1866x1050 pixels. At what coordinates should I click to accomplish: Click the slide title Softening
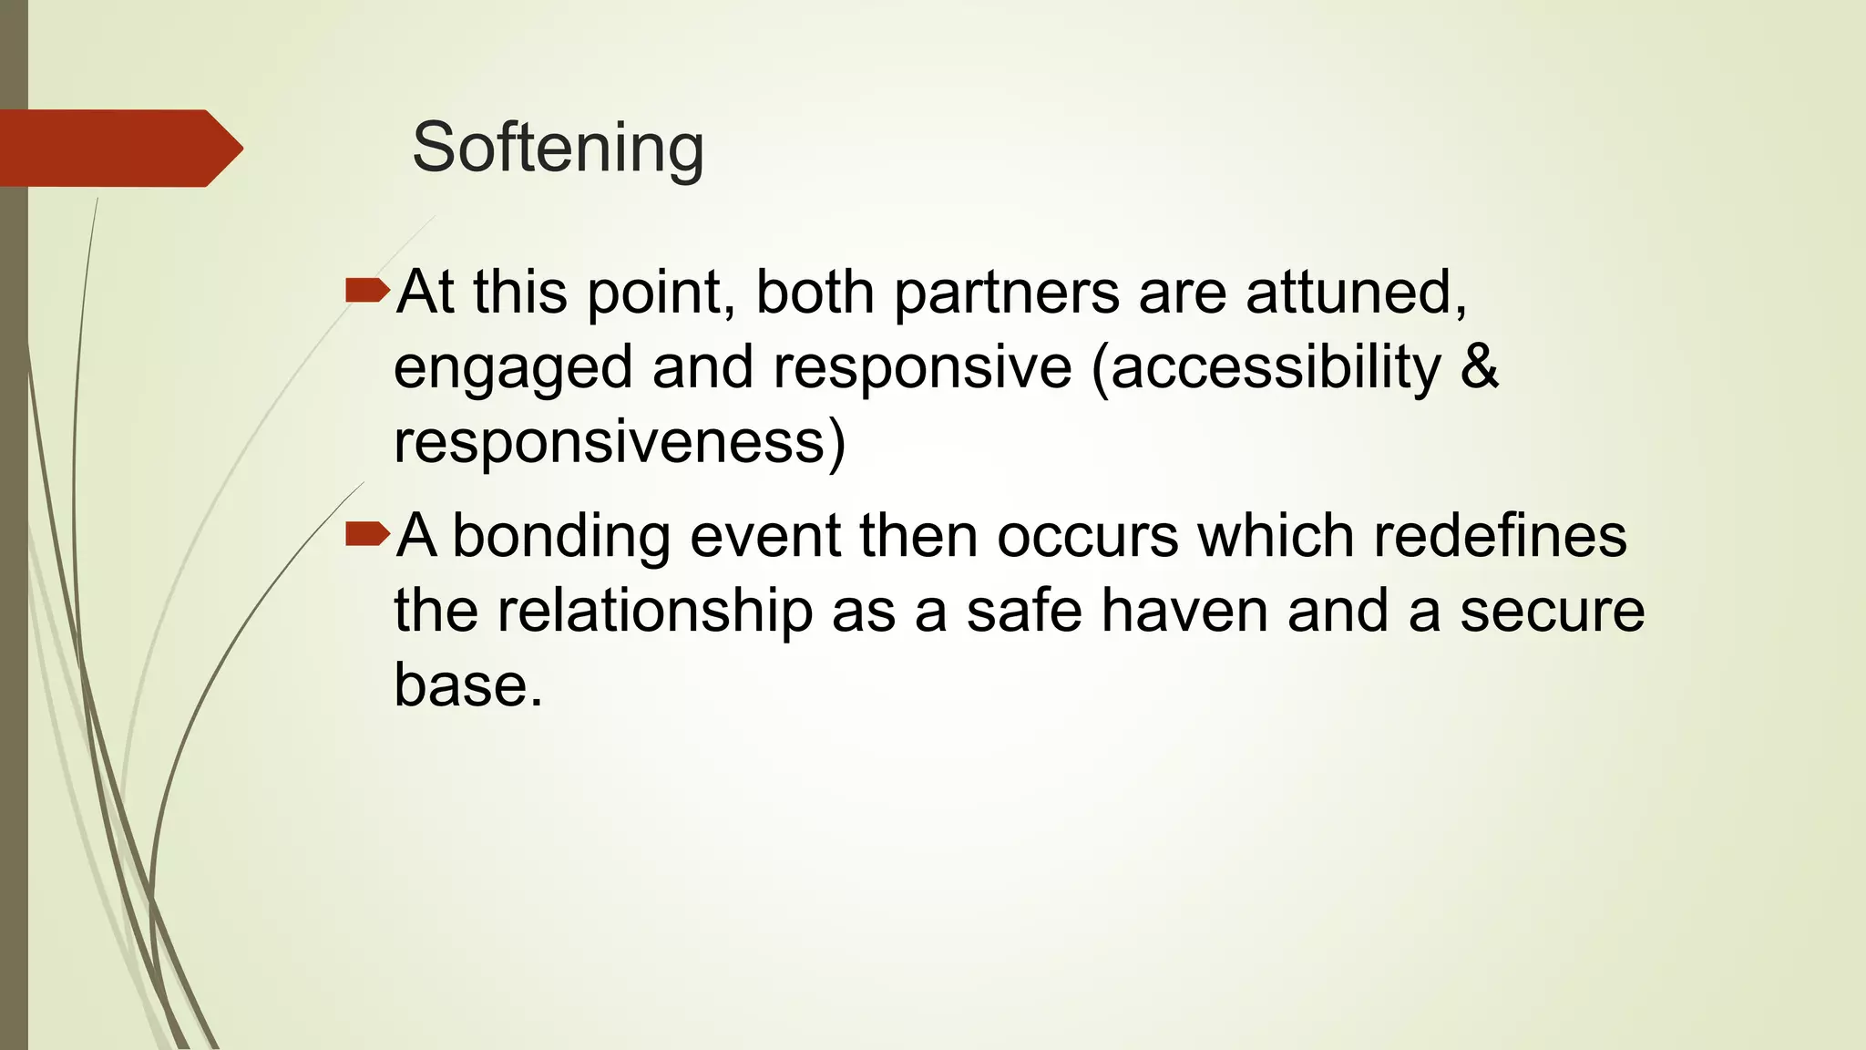click(558, 148)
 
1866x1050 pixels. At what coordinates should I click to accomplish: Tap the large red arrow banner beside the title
click(118, 149)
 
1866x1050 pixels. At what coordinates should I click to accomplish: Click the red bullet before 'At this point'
click(367, 292)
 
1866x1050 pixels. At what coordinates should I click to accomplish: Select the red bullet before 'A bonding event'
click(367, 534)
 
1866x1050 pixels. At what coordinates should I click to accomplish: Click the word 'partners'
click(1006, 293)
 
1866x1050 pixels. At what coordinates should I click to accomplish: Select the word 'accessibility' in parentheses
click(1276, 368)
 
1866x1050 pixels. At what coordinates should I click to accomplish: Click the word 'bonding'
click(561, 537)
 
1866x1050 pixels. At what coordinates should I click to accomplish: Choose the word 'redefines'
click(1500, 536)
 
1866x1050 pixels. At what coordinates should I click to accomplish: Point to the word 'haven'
click(1184, 611)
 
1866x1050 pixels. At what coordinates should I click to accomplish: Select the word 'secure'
click(1553, 611)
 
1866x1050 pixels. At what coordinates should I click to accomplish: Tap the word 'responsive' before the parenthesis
click(922, 368)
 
